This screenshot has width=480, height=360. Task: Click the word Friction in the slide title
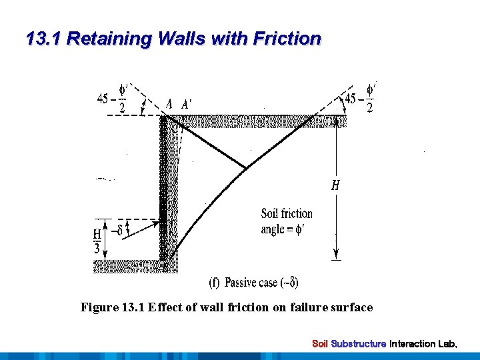[287, 39]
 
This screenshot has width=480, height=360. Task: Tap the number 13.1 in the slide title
[43, 39]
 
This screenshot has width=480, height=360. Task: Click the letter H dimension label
[335, 186]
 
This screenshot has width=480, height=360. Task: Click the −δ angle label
[119, 231]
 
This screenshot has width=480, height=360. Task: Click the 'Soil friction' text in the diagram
[287, 214]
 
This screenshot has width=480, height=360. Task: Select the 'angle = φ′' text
[284, 229]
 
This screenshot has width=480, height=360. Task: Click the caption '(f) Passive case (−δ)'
[253, 283]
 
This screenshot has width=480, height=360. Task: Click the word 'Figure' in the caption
[99, 307]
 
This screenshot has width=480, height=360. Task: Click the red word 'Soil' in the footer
[321, 344]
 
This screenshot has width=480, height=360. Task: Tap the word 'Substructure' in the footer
[359, 344]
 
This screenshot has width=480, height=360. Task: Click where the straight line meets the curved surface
[248, 167]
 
